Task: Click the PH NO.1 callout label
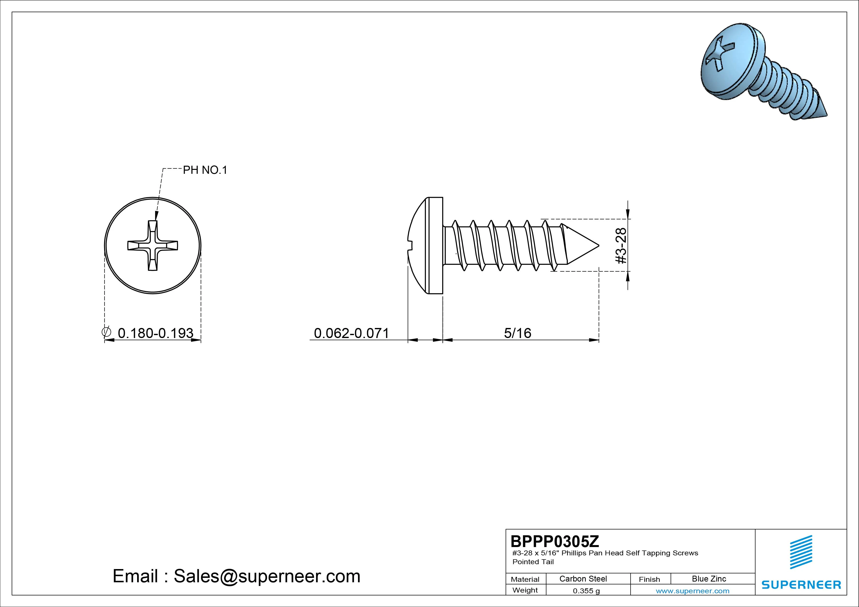(x=205, y=170)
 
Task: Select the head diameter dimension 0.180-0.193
(x=156, y=333)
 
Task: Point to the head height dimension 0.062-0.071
(x=351, y=333)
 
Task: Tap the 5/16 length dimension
(x=517, y=333)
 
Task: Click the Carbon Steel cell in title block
(x=583, y=579)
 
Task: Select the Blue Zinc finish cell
(x=709, y=579)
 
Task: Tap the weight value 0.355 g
(x=586, y=591)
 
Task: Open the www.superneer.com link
(x=692, y=591)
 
